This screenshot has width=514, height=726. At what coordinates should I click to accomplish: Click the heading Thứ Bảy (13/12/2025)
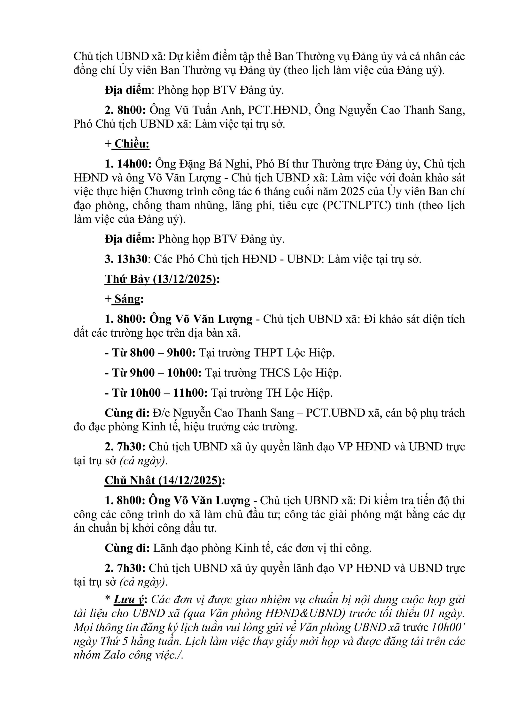click(160, 279)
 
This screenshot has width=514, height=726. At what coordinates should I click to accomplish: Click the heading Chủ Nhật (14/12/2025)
click(163, 480)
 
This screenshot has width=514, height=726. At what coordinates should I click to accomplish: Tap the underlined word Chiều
click(132, 144)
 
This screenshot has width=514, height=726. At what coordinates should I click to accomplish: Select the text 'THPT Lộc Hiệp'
click(294, 353)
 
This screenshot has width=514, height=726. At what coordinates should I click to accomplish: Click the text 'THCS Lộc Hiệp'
click(300, 373)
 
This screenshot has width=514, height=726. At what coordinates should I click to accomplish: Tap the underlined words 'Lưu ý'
click(128, 599)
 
